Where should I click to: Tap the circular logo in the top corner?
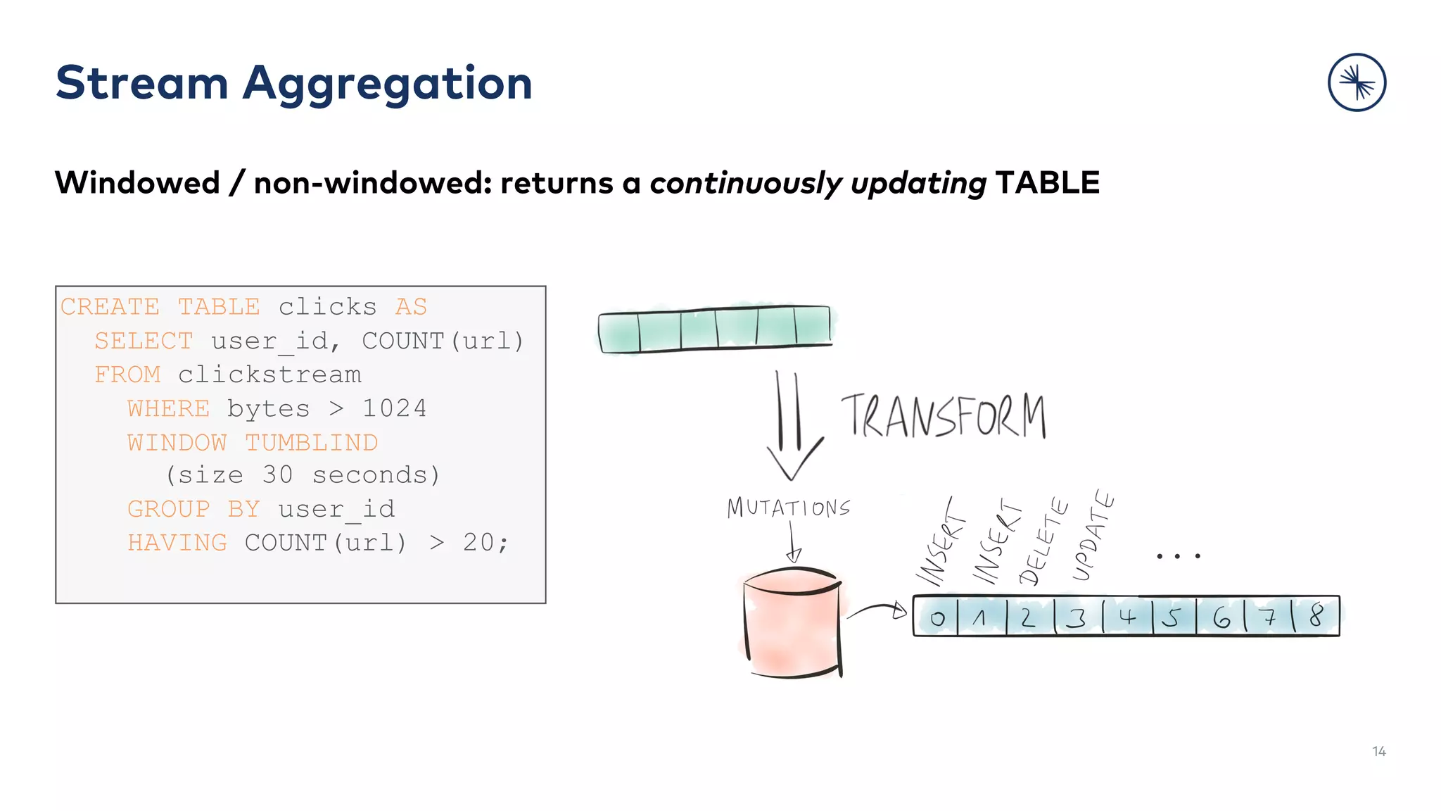coord(1357,82)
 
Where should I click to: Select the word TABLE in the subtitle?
coord(1047,183)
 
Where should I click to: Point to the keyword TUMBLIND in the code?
coord(311,443)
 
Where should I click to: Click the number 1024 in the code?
coord(394,409)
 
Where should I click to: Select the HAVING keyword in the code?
coord(177,543)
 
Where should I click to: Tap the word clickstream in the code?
coord(269,375)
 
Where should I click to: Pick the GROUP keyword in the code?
coord(169,509)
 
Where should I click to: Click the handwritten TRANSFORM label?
coord(943,416)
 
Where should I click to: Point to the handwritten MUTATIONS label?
coord(789,508)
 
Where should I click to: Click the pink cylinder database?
coord(792,623)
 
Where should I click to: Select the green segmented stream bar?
coord(714,328)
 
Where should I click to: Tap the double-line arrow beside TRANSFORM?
coord(792,426)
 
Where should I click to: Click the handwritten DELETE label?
coord(1043,542)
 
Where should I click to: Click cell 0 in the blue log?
coord(937,618)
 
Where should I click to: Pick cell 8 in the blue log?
coord(1316,617)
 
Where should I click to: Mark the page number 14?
coord(1378,752)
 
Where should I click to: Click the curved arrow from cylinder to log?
coord(877,610)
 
